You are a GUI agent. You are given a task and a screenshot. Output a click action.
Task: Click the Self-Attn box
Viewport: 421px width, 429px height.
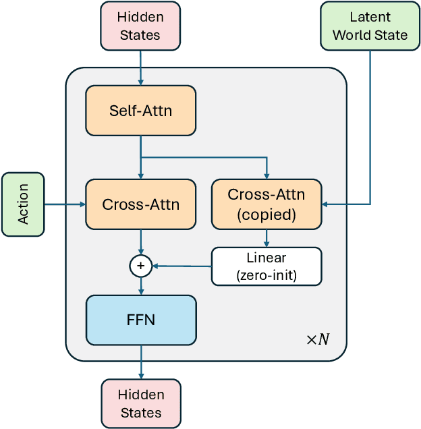tap(140, 111)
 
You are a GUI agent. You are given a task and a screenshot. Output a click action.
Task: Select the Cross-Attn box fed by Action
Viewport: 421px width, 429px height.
tap(140, 204)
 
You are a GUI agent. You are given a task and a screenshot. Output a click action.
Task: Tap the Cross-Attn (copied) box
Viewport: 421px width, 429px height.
tap(266, 204)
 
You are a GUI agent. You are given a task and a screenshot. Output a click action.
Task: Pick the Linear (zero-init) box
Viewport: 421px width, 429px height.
tap(266, 266)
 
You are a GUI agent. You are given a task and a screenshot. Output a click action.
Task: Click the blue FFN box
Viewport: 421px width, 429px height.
tap(140, 319)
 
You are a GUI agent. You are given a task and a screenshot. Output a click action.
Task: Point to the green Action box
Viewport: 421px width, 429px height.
tap(23, 204)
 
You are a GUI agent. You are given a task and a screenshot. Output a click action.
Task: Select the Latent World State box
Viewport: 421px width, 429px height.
tap(370, 26)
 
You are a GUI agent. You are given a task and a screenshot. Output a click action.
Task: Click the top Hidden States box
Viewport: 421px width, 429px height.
tap(140, 26)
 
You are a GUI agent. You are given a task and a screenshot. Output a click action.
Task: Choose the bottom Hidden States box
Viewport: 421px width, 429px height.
tap(140, 403)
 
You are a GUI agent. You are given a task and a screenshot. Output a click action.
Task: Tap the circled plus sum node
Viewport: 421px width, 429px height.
tap(140, 266)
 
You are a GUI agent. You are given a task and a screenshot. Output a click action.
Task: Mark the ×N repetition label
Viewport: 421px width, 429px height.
tap(318, 339)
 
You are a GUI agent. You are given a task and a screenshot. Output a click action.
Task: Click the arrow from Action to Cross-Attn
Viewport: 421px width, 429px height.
tap(65, 204)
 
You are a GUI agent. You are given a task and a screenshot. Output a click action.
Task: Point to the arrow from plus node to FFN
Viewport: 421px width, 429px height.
tap(140, 286)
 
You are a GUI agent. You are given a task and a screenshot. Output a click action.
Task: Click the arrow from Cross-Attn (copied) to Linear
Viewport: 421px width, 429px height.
tap(266, 238)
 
